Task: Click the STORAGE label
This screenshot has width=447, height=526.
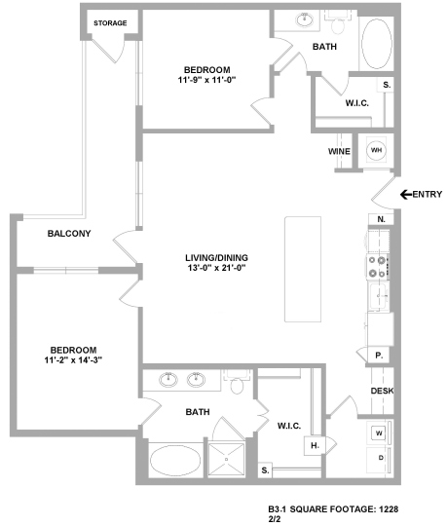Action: click(110, 22)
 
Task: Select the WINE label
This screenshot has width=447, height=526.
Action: click(340, 151)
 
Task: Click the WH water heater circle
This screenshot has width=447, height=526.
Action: click(376, 151)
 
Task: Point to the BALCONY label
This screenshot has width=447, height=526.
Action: click(68, 233)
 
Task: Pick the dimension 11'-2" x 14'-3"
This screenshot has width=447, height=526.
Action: click(74, 360)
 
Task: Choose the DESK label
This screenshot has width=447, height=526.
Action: click(381, 392)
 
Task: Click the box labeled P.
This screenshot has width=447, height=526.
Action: click(378, 357)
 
